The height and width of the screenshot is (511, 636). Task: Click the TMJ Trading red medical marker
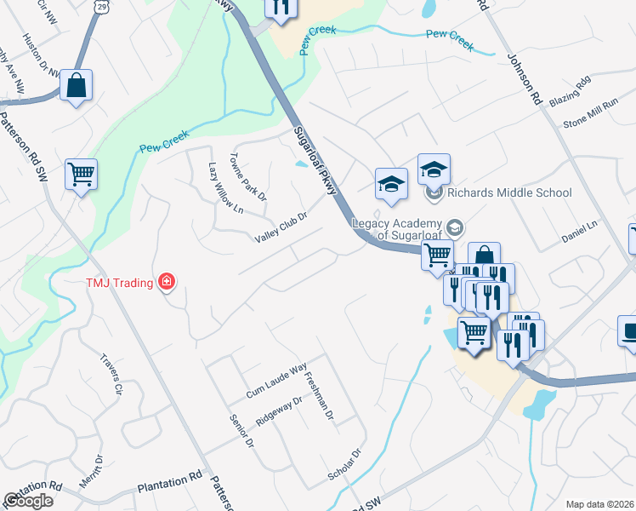click(x=167, y=282)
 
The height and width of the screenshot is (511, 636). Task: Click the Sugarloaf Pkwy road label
click(x=315, y=163)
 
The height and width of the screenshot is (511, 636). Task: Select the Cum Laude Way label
click(x=275, y=382)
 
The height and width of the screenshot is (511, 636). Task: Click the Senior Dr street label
click(x=242, y=431)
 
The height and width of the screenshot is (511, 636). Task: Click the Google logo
click(x=28, y=501)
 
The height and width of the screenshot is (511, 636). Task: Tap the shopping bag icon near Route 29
click(x=76, y=85)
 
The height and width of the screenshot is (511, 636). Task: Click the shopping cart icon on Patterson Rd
click(x=81, y=175)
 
